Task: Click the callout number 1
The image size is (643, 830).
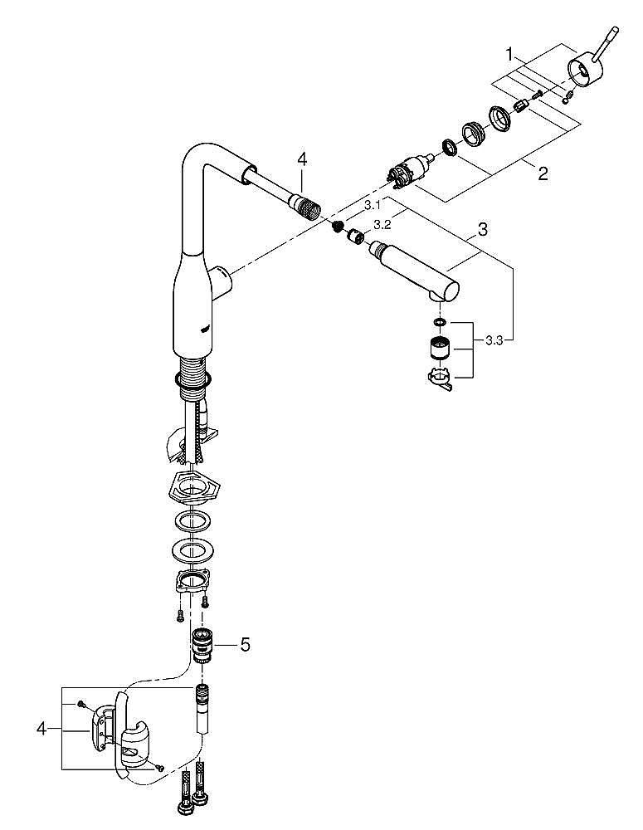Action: point(509,54)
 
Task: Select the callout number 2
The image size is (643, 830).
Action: point(543,173)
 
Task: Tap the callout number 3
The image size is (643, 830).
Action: point(482,229)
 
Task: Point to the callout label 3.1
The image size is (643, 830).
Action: point(372,205)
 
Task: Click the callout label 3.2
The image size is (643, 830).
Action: point(382,225)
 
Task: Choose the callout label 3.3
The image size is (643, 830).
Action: point(494,341)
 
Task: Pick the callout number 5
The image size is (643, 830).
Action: point(245,644)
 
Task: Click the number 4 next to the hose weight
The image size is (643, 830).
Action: point(41,729)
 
